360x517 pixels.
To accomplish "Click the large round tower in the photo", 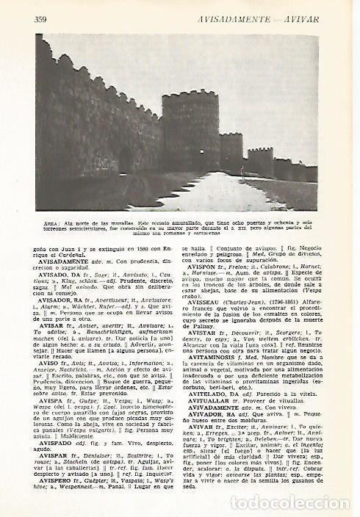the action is (190, 130).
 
